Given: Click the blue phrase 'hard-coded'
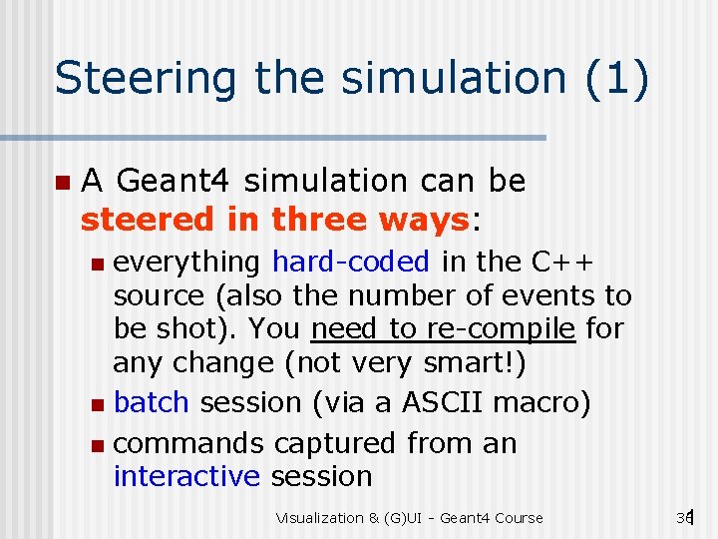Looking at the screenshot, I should tap(350, 262).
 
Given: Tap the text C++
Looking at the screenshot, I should tap(563, 262).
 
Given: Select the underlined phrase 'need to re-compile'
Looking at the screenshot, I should tap(444, 328).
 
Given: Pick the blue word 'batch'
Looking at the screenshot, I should tap(152, 402).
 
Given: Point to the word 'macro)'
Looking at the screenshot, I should tap(546, 402).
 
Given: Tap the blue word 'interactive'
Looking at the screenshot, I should tap(186, 476).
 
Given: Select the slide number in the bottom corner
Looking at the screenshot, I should tap(684, 517).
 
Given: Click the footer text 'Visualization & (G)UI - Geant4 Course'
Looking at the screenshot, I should tap(410, 518).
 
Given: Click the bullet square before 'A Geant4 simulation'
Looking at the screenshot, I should tap(62, 183).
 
